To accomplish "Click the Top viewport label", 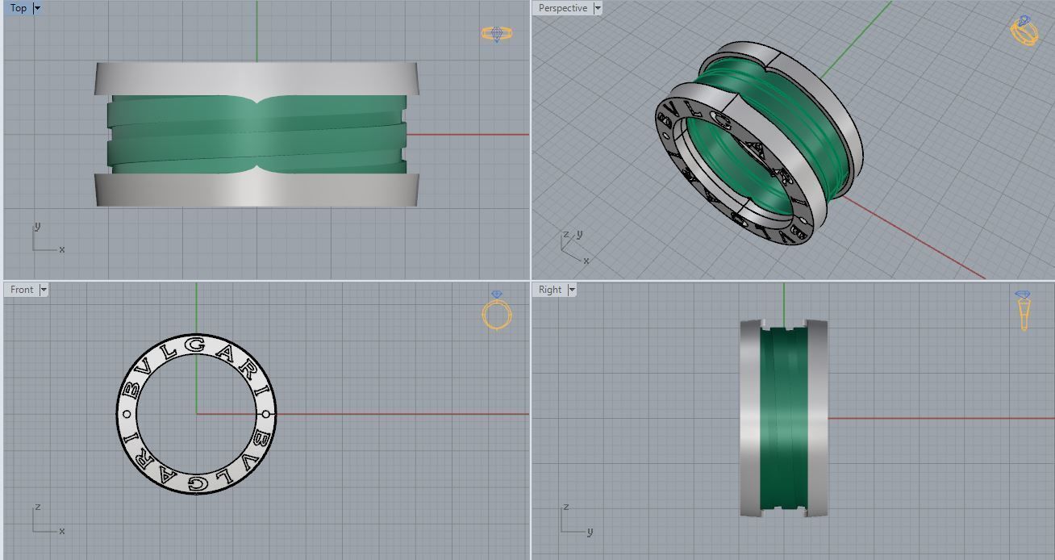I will (x=18, y=8).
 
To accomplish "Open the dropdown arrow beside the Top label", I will (x=37, y=8).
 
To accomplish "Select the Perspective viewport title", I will (x=563, y=8).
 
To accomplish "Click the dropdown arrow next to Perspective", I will (x=597, y=8).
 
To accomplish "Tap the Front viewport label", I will (x=22, y=290).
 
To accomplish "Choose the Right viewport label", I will (x=550, y=290).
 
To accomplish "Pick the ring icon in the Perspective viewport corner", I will (x=1024, y=31).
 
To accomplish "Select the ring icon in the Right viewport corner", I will (x=1023, y=311).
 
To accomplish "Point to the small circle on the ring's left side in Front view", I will (x=126, y=414).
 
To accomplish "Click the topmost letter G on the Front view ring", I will (x=196, y=345).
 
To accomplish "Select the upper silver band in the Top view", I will (x=256, y=78).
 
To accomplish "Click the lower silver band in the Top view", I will (x=256, y=190).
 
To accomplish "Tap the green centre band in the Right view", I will (x=784, y=418).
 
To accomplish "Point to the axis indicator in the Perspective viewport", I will (x=573, y=246).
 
